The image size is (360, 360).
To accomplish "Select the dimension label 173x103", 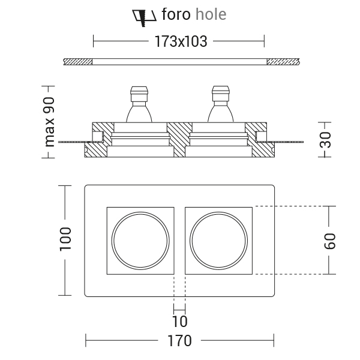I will click(179, 41).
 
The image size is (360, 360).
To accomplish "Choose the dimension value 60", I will click(329, 240).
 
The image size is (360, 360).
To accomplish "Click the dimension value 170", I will click(179, 341).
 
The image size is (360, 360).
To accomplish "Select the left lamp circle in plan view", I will click(140, 240).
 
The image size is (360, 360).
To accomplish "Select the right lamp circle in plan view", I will click(218, 240).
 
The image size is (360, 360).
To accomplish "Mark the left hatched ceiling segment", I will click(77, 61).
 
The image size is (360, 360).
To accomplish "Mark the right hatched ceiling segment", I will click(283, 61).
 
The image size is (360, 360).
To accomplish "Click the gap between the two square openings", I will click(179, 240).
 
